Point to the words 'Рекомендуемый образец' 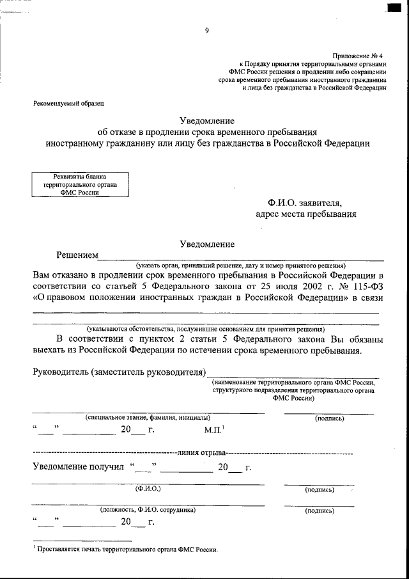[68, 103]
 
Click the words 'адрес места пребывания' [305, 214]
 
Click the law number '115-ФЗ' [365, 286]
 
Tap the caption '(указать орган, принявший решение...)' [240, 266]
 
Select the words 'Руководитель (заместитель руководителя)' [119, 372]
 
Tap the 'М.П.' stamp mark [213, 430]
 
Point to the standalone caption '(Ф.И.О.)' [148, 489]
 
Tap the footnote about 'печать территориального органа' [127, 550]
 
